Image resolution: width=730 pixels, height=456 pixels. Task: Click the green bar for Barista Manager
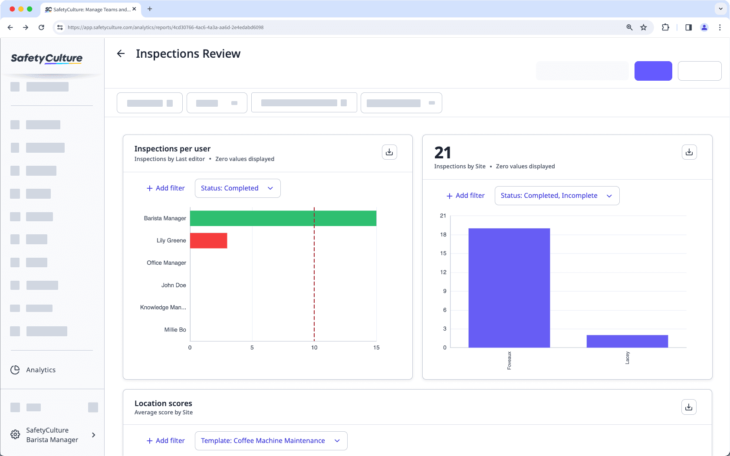283,218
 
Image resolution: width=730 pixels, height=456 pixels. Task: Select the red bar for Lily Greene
208,241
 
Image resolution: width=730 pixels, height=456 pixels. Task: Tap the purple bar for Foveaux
509,288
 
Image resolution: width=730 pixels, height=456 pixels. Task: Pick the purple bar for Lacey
627,341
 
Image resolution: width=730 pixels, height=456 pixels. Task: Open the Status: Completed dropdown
237,188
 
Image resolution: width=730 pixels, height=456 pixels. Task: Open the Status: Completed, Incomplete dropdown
557,196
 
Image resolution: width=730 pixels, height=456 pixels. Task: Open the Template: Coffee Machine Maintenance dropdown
271,441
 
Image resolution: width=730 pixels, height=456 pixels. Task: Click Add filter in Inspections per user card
165,188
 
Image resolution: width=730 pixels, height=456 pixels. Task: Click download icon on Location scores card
689,407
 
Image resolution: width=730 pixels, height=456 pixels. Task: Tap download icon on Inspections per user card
389,152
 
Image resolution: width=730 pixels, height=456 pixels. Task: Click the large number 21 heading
443,153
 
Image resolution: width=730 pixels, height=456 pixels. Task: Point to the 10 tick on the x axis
314,348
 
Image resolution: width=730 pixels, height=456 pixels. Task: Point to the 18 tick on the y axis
443,235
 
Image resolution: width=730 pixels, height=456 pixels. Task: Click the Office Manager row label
166,263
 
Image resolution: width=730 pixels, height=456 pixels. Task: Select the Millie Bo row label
175,330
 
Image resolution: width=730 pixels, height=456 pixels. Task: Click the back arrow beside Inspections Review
121,53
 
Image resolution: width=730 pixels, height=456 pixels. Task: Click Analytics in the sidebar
41,370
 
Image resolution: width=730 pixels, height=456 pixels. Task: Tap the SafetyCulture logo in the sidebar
46,58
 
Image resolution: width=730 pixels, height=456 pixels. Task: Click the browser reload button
41,27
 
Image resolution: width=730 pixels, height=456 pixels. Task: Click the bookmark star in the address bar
644,27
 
